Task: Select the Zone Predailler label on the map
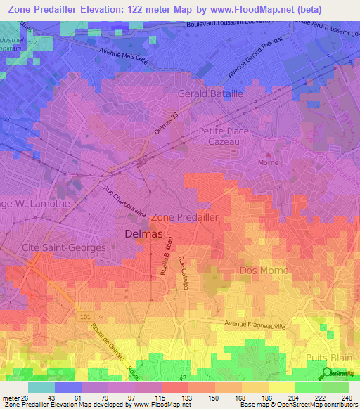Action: [185, 217]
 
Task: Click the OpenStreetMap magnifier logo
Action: [327, 372]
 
